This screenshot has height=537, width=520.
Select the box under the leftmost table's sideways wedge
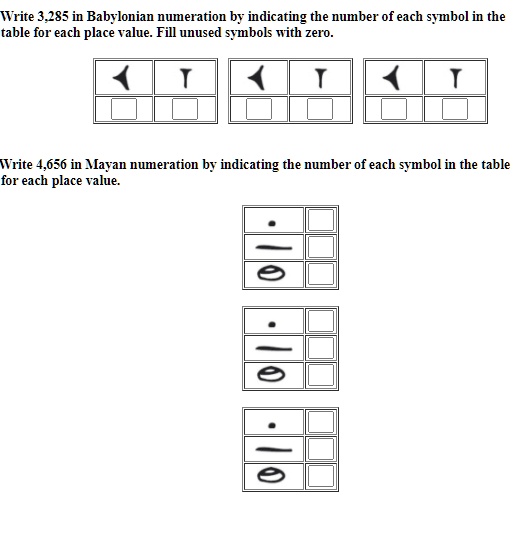pos(124,108)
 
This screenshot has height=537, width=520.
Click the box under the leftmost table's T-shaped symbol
pos(185,108)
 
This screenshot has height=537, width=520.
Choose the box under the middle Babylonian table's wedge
pos(260,108)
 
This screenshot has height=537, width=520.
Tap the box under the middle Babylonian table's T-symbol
pos(320,108)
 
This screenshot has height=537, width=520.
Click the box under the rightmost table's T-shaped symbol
pos(456,108)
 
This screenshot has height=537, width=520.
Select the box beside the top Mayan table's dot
pos(320,219)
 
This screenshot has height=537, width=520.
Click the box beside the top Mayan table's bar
pos(320,246)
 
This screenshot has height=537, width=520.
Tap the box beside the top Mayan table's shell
pos(320,273)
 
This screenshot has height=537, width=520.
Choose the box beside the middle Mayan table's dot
pos(320,320)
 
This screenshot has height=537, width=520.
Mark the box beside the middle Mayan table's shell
pos(320,374)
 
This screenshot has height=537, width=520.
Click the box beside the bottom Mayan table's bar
pos(320,448)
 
